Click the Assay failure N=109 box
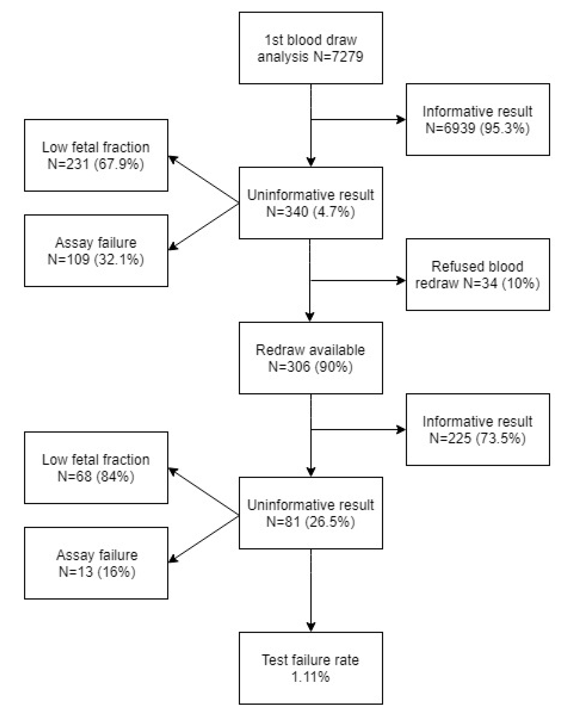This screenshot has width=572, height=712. click(x=96, y=251)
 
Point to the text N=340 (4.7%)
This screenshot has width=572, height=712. click(x=310, y=212)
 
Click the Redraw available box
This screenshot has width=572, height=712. click(x=310, y=358)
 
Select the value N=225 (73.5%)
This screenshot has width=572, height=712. click(x=477, y=439)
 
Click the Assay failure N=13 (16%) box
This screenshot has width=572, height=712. click(x=96, y=563)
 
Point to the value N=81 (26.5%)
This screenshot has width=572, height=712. click(x=310, y=522)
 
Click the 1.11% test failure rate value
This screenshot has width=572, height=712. click(x=310, y=677)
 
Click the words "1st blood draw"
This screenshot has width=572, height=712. click(x=310, y=40)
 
